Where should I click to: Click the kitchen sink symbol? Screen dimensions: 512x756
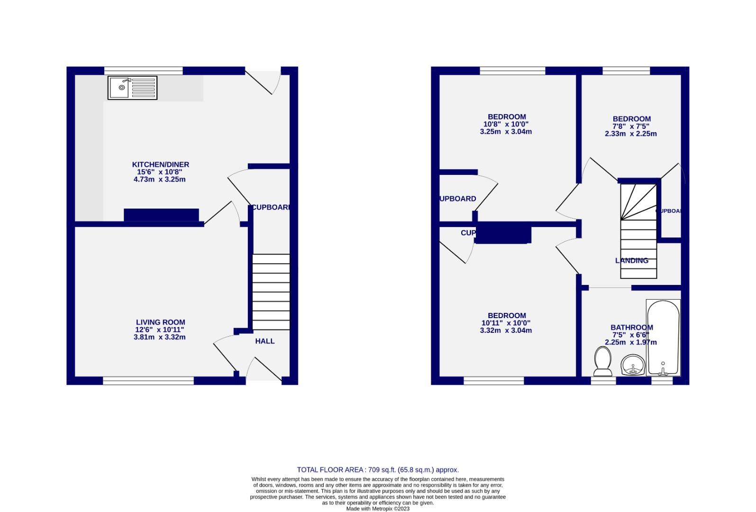point(132,88)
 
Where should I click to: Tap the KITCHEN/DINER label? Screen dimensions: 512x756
point(160,165)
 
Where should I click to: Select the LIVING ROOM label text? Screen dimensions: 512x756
point(160,322)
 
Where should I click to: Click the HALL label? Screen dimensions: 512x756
point(264,341)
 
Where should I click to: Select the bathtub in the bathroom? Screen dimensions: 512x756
point(663,337)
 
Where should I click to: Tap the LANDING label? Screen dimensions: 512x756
point(631,261)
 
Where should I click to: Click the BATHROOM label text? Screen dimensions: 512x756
point(631,327)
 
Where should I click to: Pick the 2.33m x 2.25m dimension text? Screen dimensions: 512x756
point(631,134)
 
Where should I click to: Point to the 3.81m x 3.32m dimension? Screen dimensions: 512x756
point(159,338)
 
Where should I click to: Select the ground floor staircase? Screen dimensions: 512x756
point(271,292)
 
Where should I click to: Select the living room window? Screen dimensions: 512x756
point(148,380)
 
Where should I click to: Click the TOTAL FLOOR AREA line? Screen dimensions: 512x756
point(378,470)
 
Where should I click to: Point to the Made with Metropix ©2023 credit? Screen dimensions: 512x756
point(378,509)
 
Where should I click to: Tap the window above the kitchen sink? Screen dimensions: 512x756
point(143,71)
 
